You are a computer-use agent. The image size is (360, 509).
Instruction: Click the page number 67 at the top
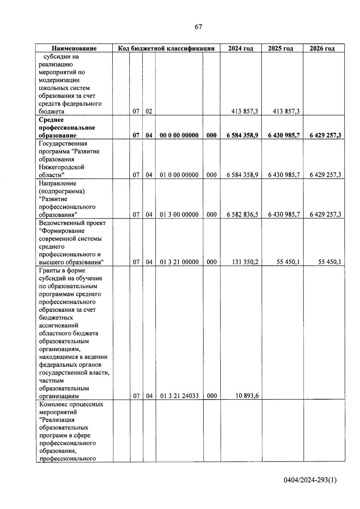coord(198,27)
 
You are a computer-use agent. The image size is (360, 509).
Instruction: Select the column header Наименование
coord(74,48)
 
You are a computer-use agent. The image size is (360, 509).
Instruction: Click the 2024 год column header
coord(241,48)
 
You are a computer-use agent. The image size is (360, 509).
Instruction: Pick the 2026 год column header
coord(322,48)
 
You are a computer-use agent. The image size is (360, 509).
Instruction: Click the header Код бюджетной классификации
coord(166,48)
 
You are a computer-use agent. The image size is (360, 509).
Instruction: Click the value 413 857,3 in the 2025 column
coord(286,112)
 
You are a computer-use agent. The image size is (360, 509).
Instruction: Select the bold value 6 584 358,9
coord(242,135)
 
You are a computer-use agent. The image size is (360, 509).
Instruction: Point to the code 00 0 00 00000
coord(179,135)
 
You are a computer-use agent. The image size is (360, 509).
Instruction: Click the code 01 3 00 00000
coord(179,214)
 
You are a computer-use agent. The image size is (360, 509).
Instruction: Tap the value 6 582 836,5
coord(242,214)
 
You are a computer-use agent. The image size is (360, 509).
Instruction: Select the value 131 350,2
coord(245,262)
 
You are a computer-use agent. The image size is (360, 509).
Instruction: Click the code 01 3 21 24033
coord(179,396)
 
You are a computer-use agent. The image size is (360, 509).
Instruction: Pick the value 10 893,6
coord(247,396)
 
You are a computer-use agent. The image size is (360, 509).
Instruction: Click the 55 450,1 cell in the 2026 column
coord(329,262)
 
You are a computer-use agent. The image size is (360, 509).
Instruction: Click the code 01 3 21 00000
coord(179,262)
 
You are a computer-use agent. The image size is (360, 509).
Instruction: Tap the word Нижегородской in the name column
coord(61,167)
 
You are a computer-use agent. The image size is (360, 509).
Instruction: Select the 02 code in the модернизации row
coord(149,112)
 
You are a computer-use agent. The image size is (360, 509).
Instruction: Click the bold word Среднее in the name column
coord(51,120)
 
